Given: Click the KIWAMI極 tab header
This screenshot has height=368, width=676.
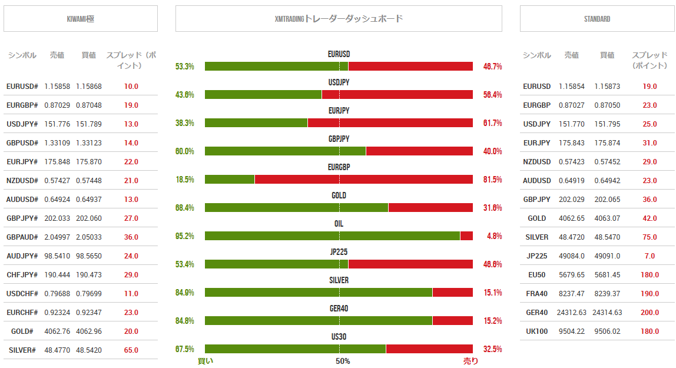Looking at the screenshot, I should (81, 19).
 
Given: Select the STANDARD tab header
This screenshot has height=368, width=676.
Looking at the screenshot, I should (597, 19).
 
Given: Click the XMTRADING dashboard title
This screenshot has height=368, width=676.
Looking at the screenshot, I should (339, 19).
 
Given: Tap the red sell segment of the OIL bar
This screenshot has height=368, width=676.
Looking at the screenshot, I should (466, 236).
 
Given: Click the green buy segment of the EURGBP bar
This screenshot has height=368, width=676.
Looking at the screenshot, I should (230, 180).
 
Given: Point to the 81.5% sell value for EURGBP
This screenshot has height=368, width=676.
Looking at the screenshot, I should (492, 180).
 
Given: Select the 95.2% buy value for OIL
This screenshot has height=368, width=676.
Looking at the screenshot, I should (185, 236).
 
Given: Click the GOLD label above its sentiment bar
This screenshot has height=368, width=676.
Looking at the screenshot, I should (339, 195).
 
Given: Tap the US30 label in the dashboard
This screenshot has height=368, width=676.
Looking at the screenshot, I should (339, 337).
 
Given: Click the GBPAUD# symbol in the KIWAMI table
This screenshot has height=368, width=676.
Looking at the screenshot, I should (22, 237).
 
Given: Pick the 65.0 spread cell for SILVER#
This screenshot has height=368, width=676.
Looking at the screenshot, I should (131, 350).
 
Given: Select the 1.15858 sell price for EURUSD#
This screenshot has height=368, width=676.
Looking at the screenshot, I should (57, 87).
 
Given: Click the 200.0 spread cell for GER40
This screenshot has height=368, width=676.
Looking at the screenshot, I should (650, 313).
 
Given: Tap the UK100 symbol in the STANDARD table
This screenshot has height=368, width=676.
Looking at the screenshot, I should (536, 331).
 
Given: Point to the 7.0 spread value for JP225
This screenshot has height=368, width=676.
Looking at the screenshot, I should (650, 256).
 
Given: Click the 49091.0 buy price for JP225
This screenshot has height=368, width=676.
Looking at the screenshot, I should (607, 256).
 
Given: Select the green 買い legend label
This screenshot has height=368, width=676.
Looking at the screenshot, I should (206, 361).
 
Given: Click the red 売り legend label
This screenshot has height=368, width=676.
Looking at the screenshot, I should (471, 361).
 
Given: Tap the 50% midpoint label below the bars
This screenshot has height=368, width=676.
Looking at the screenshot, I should (343, 361).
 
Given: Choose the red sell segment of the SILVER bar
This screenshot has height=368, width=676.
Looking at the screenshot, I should (452, 293).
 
